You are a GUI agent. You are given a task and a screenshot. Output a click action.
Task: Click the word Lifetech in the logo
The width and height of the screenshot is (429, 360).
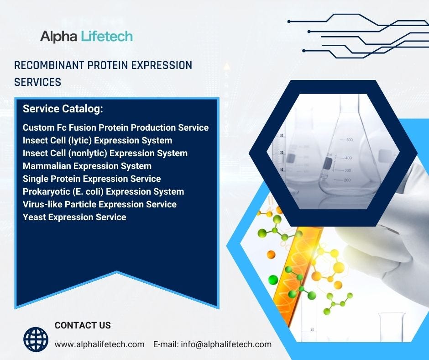pyautogui.click(x=107, y=36)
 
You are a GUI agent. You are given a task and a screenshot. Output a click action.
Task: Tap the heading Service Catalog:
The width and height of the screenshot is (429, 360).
pyautogui.click(x=63, y=109)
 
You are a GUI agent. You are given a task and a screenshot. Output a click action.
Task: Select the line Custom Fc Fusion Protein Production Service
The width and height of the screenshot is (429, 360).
pyautogui.click(x=115, y=127)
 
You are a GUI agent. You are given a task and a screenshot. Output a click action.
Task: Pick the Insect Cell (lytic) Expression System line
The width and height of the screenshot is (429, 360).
pyautogui.click(x=97, y=140)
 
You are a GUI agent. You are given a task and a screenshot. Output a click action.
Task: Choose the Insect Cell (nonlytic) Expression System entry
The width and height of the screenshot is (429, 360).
pyautogui.click(x=105, y=153)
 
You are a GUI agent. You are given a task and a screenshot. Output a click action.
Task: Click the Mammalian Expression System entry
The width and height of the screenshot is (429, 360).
pyautogui.click(x=87, y=166)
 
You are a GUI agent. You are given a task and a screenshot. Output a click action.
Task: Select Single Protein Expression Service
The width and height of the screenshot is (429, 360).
pyautogui.click(x=92, y=179)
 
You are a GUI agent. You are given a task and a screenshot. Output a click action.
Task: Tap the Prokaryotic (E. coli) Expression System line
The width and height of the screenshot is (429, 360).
pyautogui.click(x=103, y=191)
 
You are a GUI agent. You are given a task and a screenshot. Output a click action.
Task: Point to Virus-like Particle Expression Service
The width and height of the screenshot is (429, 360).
pyautogui.click(x=99, y=204)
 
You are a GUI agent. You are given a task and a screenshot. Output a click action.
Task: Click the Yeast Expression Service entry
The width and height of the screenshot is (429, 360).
pyautogui.click(x=74, y=217)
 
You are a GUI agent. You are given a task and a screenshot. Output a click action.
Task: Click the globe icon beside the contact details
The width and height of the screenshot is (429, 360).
pyautogui.click(x=36, y=339)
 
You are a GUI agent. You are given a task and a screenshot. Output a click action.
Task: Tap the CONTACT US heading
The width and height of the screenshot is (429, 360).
pyautogui.click(x=83, y=325)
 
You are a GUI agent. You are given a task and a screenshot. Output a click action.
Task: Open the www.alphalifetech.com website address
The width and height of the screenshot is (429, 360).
pyautogui.click(x=99, y=344)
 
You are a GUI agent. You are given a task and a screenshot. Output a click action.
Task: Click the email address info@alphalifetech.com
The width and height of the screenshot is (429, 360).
pyautogui.click(x=226, y=344)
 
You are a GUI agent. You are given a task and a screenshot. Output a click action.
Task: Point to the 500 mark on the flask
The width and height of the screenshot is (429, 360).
pyautogui.click(x=350, y=140)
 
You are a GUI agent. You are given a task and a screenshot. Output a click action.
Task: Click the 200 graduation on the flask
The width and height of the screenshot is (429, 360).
pyautogui.click(x=347, y=180)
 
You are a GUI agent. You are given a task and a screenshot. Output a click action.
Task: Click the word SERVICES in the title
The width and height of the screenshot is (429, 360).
pyautogui.click(x=37, y=82)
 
